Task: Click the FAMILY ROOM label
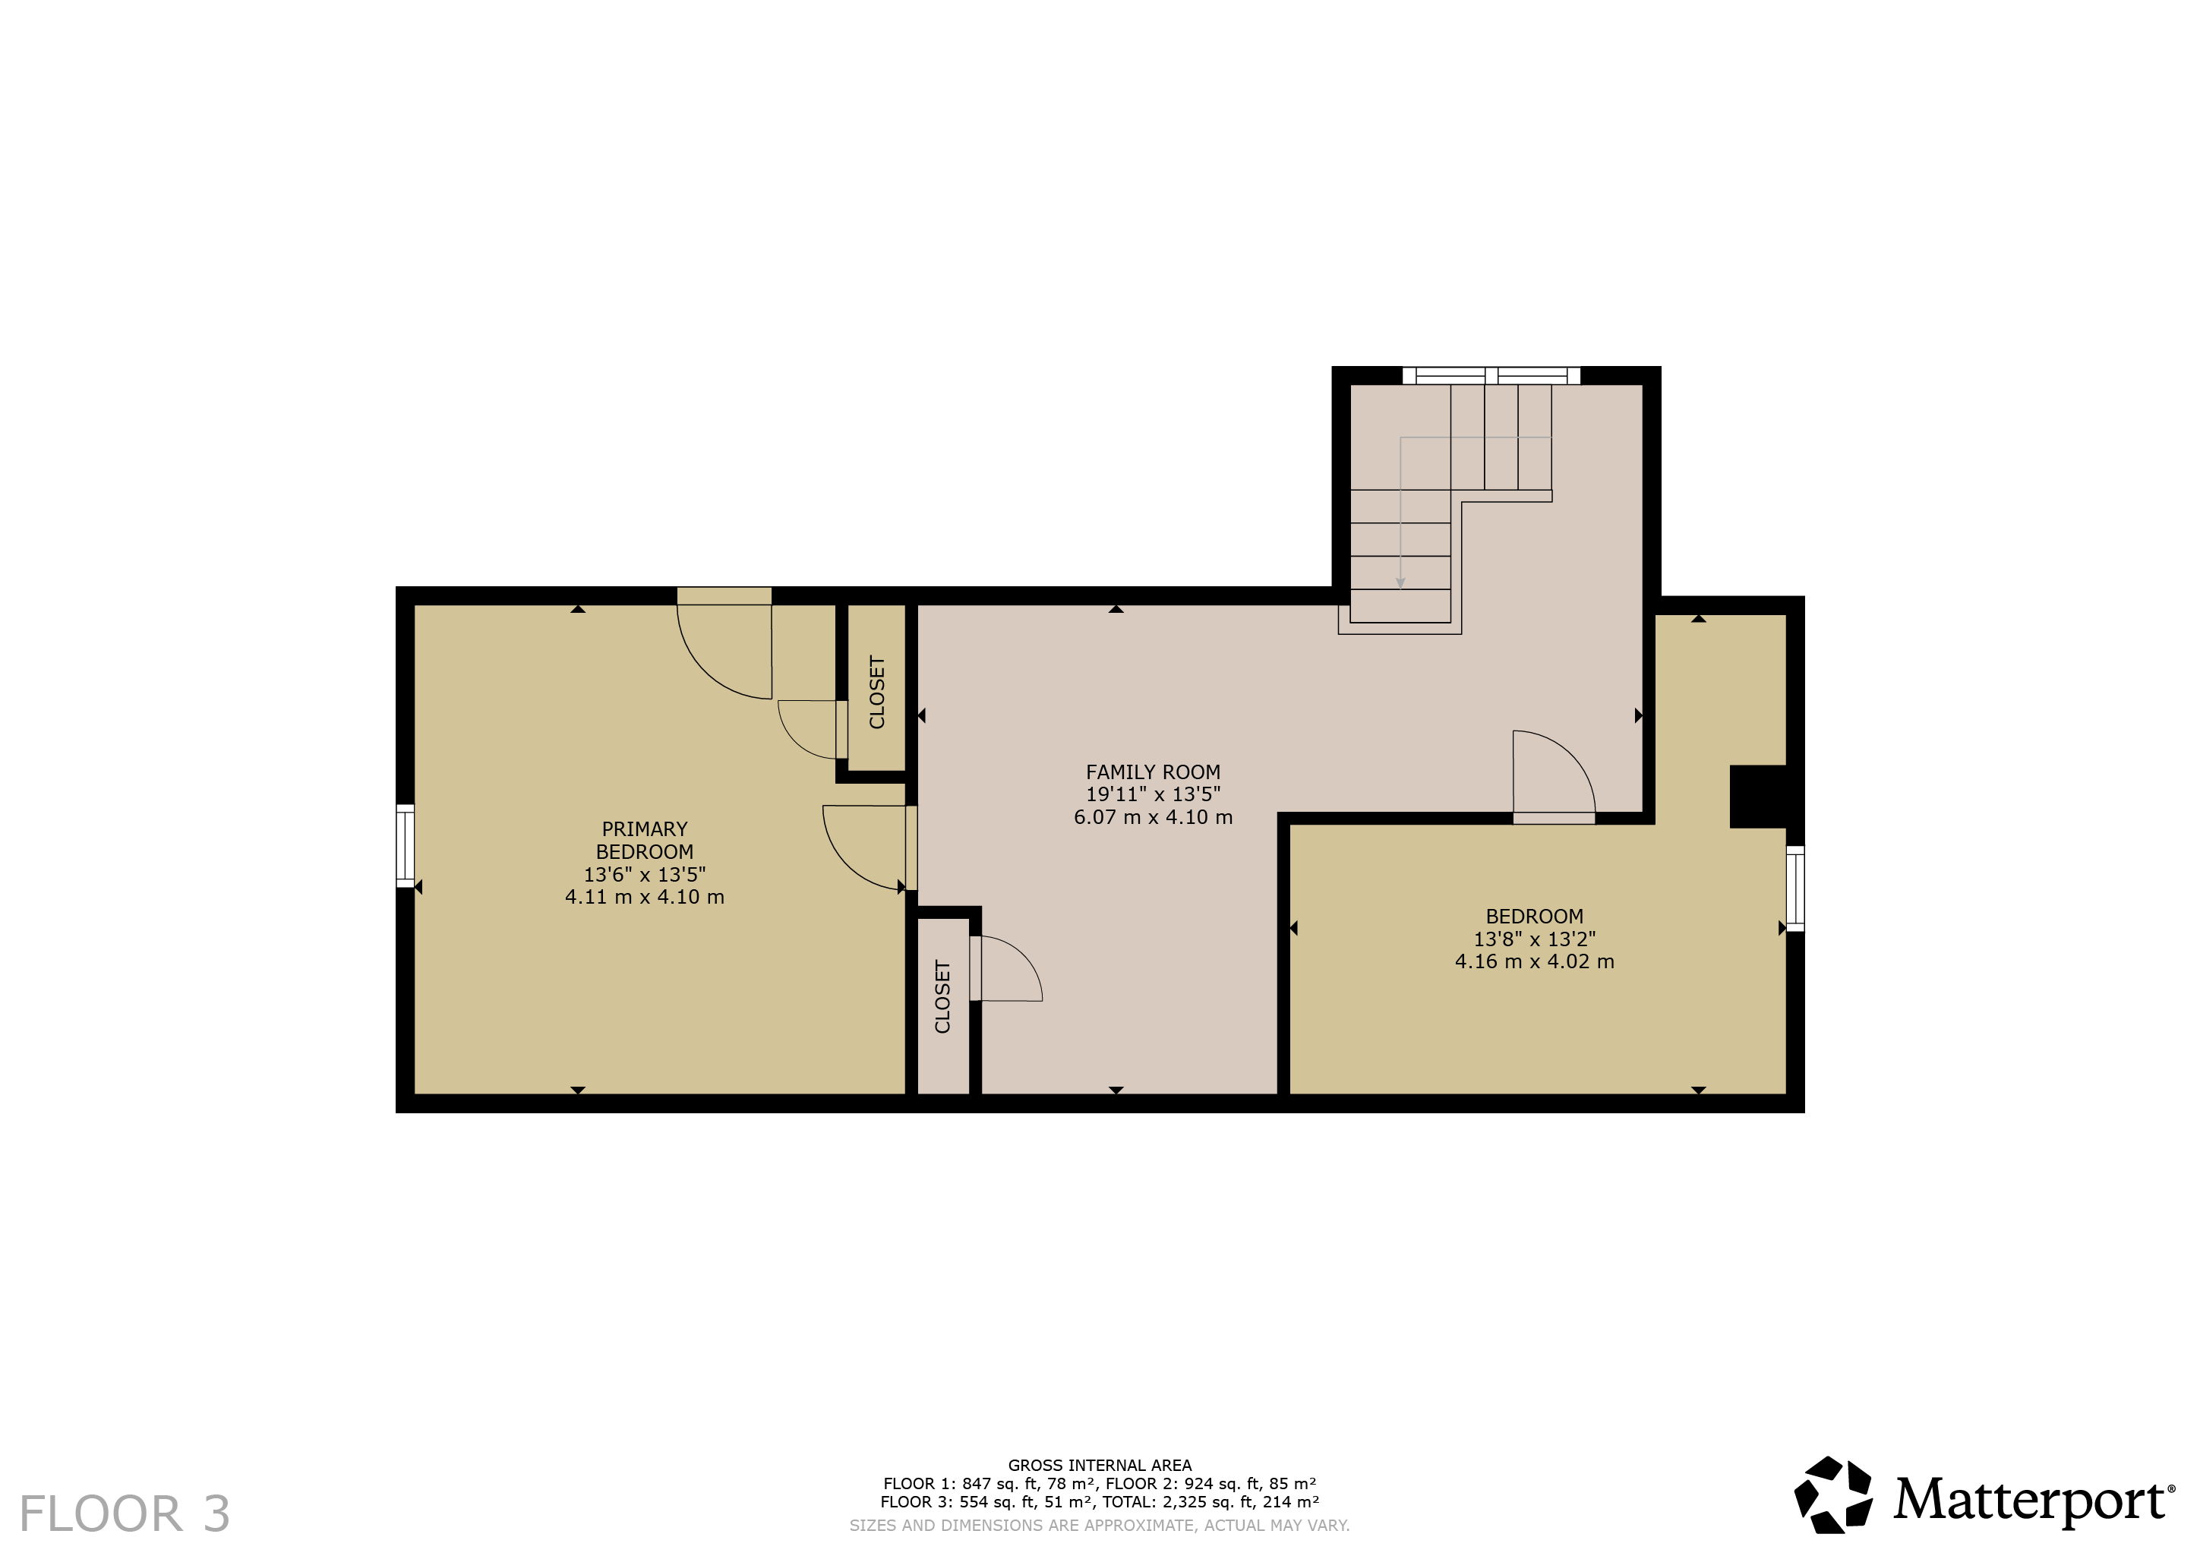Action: [x=1153, y=772]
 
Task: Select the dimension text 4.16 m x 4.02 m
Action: [x=1534, y=961]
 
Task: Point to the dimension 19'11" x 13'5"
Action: [x=1153, y=794]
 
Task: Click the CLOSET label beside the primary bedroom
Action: [x=877, y=692]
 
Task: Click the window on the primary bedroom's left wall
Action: [x=406, y=845]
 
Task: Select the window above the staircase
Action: [x=1491, y=376]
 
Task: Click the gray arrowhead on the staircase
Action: [x=1401, y=582]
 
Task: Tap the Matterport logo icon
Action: [x=1833, y=1494]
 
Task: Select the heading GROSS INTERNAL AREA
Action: [x=1100, y=1465]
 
